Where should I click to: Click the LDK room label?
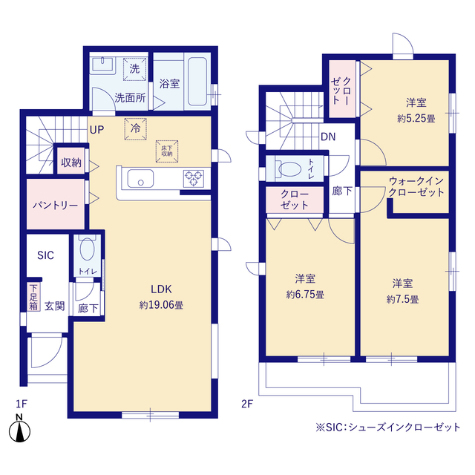coord(162,289)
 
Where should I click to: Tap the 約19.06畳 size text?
coord(162,304)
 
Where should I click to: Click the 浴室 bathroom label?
coord(168,84)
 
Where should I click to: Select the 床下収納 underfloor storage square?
coord(166,151)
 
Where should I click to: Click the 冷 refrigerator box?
coord(136,128)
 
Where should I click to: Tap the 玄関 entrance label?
coord(53,305)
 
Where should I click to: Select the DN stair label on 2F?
coord(328,137)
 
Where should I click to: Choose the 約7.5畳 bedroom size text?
coord(403,299)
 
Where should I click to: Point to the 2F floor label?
coord(247,404)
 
